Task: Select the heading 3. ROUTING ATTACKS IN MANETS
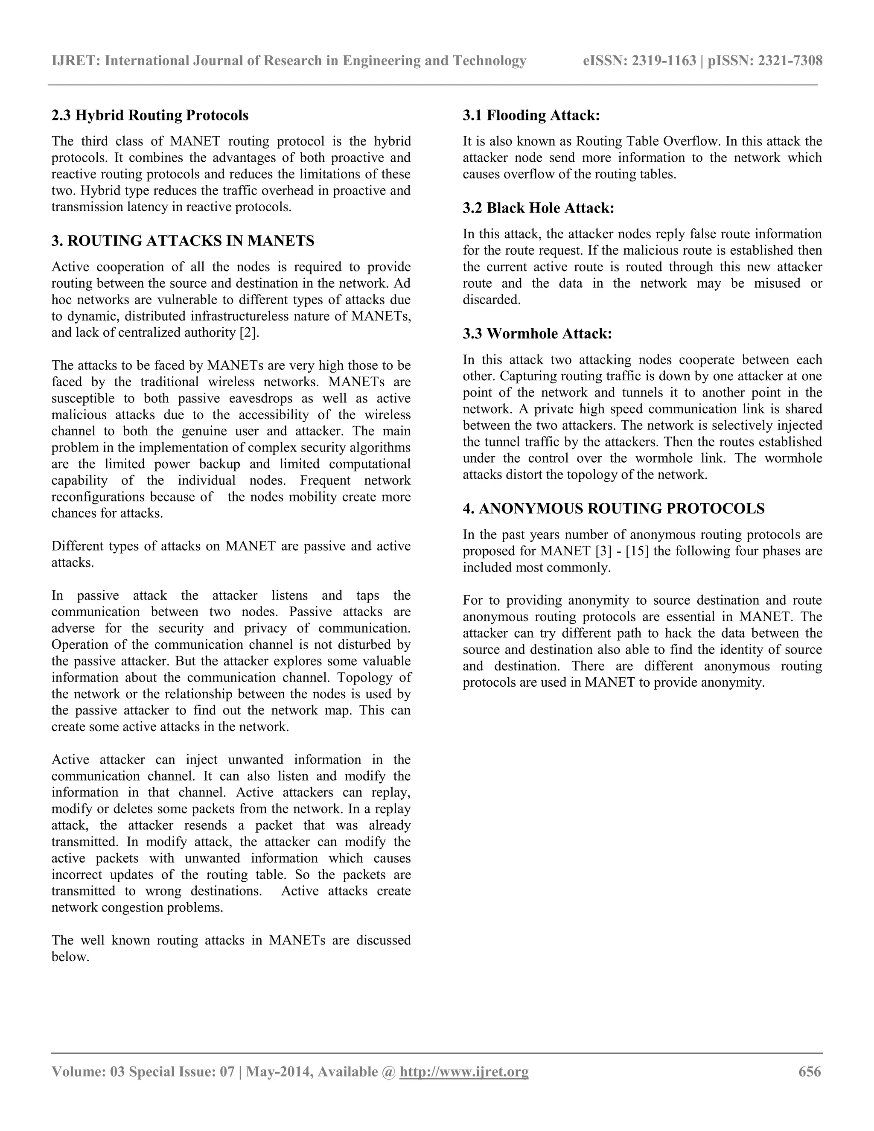pyautogui.click(x=183, y=241)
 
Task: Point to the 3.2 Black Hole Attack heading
pyautogui.click(x=539, y=208)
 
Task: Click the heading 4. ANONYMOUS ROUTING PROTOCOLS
pyautogui.click(x=614, y=509)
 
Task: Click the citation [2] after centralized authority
pyautogui.click(x=248, y=332)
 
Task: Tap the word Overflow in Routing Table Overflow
pyautogui.click(x=692, y=141)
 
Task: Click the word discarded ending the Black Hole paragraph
pyautogui.click(x=491, y=300)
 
